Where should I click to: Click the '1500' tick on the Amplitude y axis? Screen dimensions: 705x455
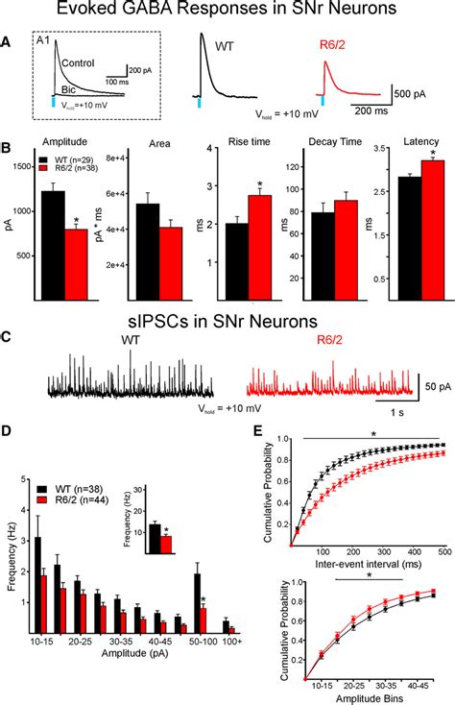[x=25, y=166]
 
